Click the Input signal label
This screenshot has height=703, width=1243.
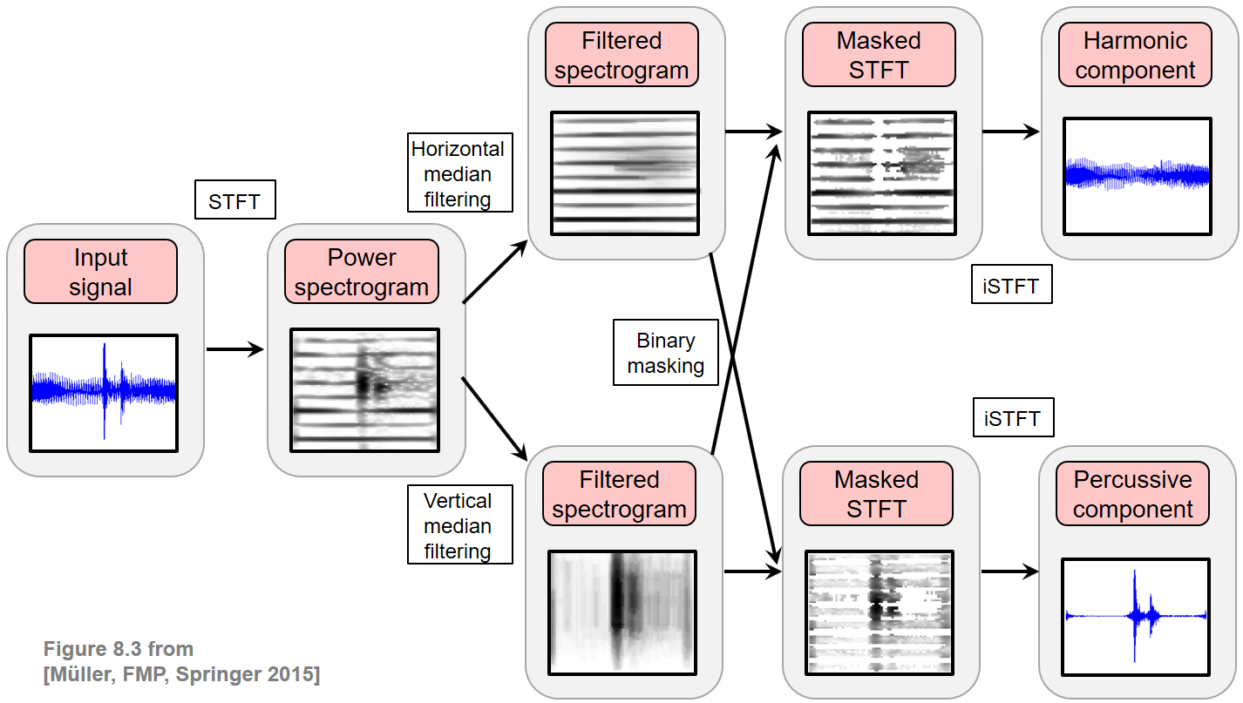(100, 272)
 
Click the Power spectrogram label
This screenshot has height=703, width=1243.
(362, 272)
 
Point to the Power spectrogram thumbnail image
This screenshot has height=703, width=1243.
(364, 389)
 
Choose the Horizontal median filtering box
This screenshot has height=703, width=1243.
(458, 173)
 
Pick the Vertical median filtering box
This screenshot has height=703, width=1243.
(458, 526)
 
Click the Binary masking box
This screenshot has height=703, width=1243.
(665, 353)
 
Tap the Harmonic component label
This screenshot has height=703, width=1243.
(1135, 55)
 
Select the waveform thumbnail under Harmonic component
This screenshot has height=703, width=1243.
(1138, 176)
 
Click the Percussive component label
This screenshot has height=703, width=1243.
(1132, 494)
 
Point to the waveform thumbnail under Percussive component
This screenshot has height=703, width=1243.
(1135, 616)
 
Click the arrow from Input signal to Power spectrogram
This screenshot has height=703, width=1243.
(234, 349)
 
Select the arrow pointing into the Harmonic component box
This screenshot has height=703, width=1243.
(1011, 132)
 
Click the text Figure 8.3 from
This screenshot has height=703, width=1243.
(119, 649)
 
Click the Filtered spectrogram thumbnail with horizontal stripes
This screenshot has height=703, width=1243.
(625, 172)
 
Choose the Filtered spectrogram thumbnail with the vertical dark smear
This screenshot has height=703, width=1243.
(621, 612)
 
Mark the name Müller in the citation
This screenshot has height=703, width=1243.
(80, 674)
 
